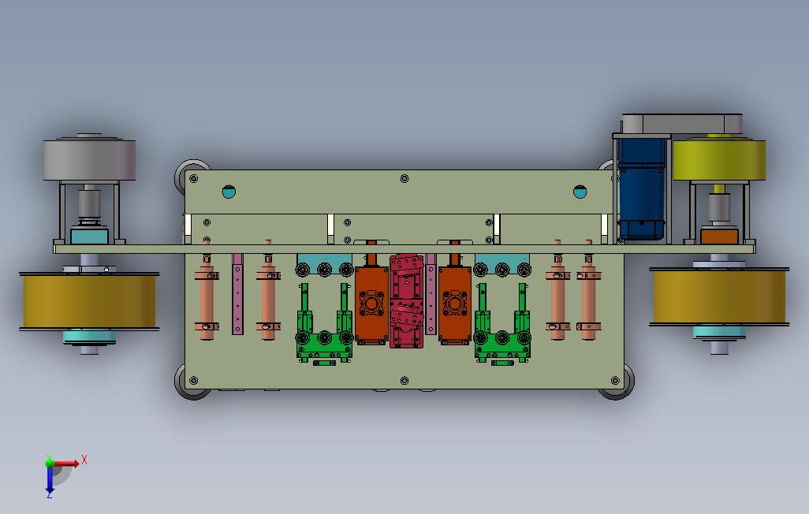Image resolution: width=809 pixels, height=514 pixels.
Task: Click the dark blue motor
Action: tap(641, 189)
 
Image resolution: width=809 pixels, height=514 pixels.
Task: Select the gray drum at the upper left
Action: tap(89, 159)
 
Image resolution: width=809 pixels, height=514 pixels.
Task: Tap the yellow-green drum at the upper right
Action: tap(718, 159)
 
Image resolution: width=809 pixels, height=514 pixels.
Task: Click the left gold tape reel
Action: tap(89, 301)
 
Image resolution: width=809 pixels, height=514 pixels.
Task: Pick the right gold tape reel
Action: tap(719, 296)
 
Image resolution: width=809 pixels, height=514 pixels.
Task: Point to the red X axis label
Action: tap(84, 460)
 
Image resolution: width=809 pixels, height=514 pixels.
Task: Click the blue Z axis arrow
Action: tap(50, 479)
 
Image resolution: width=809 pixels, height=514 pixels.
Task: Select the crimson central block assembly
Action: tap(407, 301)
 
